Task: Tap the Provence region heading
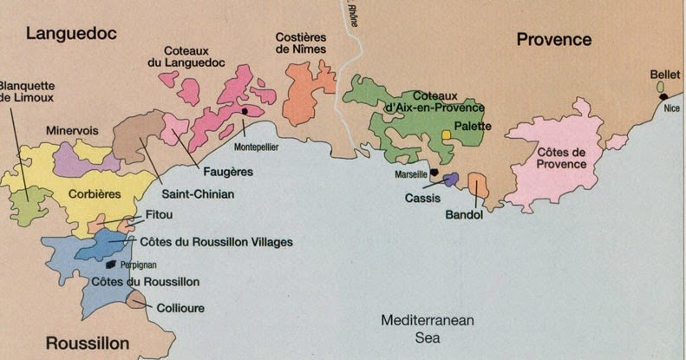[553, 39]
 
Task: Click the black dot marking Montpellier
[246, 111]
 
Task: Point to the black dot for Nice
[663, 96]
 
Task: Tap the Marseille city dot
[434, 173]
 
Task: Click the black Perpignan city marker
[111, 264]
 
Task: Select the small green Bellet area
[660, 88]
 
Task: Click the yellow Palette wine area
[446, 135]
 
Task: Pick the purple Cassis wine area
[449, 179]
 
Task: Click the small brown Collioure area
[135, 300]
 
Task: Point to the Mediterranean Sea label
[428, 329]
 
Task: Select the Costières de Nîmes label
[302, 43]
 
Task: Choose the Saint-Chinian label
[198, 194]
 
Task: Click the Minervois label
[71, 130]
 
